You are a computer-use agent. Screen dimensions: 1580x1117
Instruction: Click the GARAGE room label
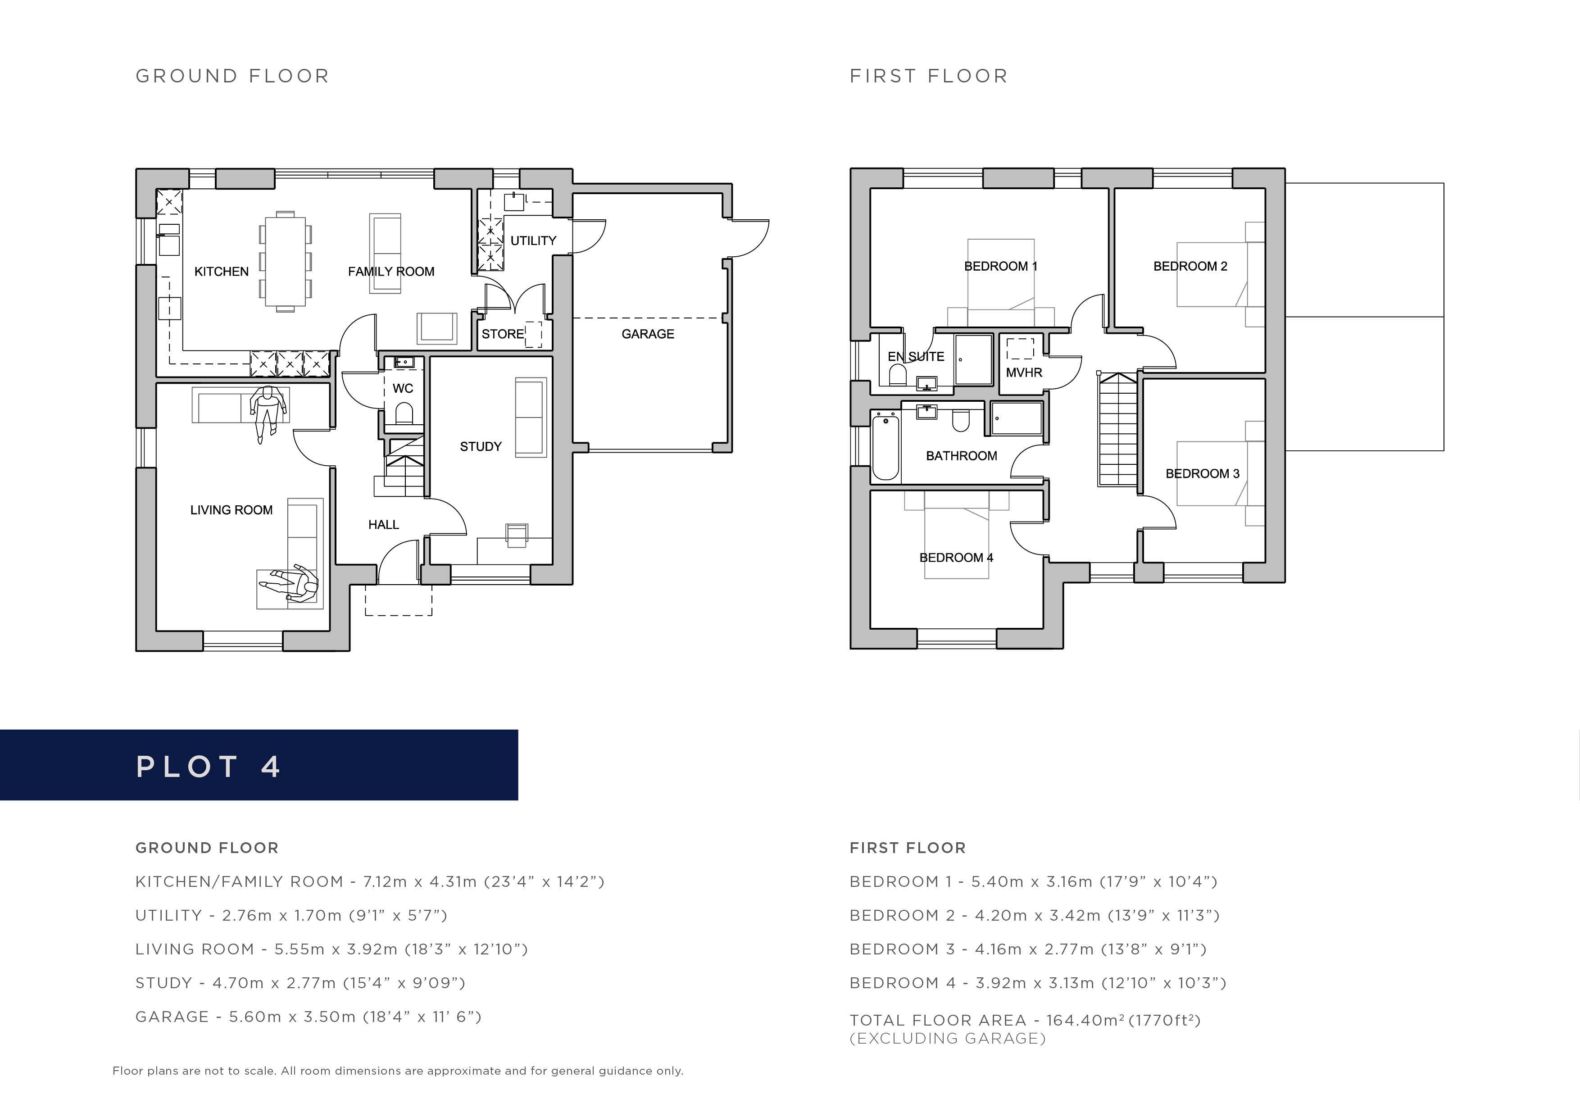pos(648,334)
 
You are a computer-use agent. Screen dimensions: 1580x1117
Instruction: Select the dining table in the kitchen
pos(286,262)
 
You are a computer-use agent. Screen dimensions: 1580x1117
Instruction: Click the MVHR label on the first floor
pos(1024,372)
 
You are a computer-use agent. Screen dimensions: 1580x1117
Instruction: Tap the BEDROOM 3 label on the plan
pos(1202,473)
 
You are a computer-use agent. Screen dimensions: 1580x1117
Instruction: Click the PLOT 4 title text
pos(208,767)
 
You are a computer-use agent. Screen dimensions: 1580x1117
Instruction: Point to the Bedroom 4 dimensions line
pos(1038,983)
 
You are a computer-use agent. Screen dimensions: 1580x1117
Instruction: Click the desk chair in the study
pos(516,535)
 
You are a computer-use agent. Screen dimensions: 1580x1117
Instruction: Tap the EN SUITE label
pos(916,357)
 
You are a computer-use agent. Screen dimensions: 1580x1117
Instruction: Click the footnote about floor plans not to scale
pos(398,1071)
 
